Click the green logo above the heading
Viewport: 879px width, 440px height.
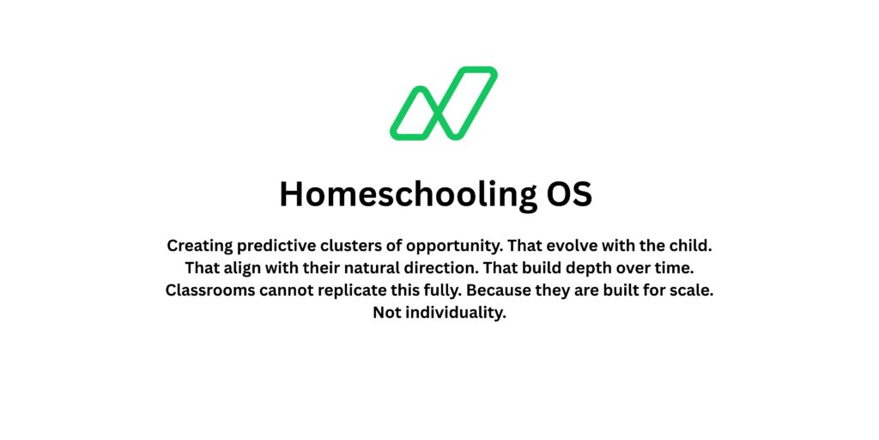pos(443,103)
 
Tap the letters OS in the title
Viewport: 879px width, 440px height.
pos(569,194)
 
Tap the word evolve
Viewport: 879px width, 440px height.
pos(564,245)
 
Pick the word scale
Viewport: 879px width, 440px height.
pos(692,290)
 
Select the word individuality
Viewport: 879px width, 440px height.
pos(455,313)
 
